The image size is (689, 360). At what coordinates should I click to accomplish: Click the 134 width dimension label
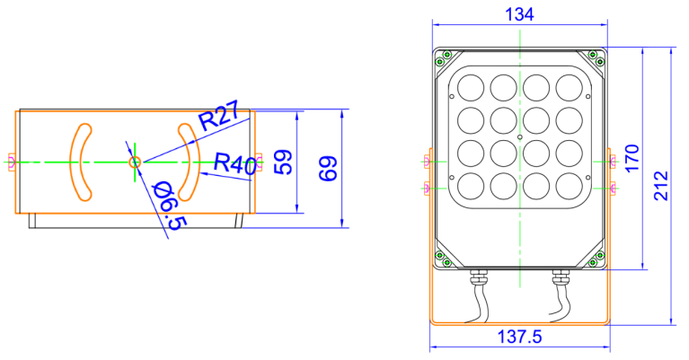(x=519, y=15)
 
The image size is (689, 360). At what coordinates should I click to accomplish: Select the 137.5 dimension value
(x=519, y=338)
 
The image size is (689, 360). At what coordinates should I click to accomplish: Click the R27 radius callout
(x=218, y=117)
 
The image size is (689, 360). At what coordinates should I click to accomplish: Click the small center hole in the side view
(x=135, y=162)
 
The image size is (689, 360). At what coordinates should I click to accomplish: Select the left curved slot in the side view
(x=81, y=162)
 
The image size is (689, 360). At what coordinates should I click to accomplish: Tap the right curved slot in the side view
(x=190, y=162)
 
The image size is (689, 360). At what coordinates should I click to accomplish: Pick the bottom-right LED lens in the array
(x=569, y=186)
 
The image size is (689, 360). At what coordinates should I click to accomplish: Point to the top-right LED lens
(x=569, y=87)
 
